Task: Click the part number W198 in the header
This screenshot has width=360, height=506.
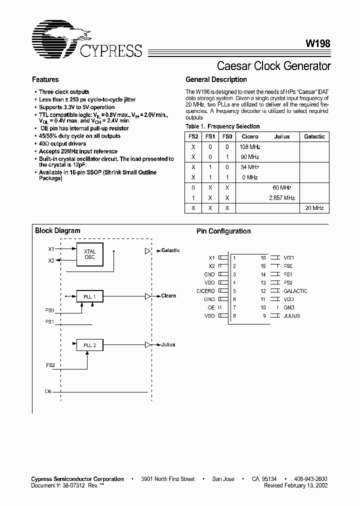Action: click(317, 43)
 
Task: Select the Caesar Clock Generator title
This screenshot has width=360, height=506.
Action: click(273, 65)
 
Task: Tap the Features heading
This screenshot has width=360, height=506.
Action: click(45, 79)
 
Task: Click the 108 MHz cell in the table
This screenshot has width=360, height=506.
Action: click(250, 147)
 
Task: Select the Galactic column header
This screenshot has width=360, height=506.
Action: click(314, 136)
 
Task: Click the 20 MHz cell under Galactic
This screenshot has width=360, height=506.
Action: click(314, 208)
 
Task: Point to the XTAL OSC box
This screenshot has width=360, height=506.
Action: click(89, 254)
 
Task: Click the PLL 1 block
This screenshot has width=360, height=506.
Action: click(89, 296)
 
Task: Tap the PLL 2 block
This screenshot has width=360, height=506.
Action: click(89, 345)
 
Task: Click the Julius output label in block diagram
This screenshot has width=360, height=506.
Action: click(168, 345)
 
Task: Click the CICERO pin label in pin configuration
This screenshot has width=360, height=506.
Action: click(205, 291)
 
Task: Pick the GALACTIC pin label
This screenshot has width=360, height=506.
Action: click(295, 291)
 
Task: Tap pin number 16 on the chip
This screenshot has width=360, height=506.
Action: click(263, 258)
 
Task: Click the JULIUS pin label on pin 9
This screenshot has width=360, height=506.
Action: click(292, 315)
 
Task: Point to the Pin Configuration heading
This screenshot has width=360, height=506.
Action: click(223, 231)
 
